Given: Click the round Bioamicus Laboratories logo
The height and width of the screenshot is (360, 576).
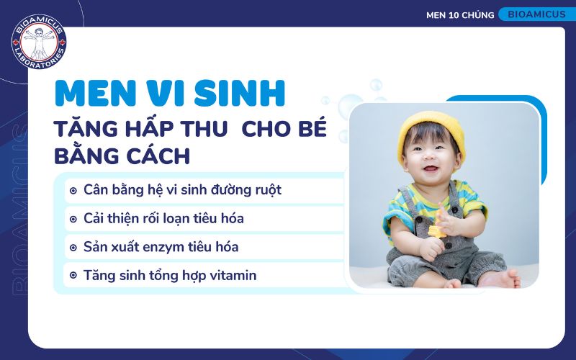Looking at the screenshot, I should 39,45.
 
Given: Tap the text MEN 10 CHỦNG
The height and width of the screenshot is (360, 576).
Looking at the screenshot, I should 459,15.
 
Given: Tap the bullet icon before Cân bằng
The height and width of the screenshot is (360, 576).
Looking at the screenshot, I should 73,191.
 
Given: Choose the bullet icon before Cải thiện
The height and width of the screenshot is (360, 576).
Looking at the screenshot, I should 73,219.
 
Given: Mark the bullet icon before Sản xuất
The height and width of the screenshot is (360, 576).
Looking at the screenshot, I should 73,247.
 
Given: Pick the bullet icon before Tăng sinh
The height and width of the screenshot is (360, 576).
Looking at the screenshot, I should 73,275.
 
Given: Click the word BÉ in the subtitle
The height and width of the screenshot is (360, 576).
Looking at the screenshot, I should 311,130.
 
